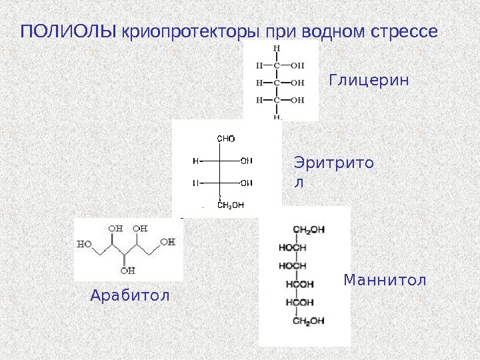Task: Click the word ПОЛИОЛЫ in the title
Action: point(69,31)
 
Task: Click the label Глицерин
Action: point(368,81)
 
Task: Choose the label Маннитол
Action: point(385,280)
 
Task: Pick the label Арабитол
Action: point(130,295)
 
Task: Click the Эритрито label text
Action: point(333,163)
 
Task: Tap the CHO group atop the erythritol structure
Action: point(227,139)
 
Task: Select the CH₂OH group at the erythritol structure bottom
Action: point(231,205)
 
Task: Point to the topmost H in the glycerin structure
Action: point(277,49)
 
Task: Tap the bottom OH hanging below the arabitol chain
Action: point(127,271)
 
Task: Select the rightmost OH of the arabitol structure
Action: point(167,242)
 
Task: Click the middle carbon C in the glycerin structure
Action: point(277,83)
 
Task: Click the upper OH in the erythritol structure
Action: point(246,161)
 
